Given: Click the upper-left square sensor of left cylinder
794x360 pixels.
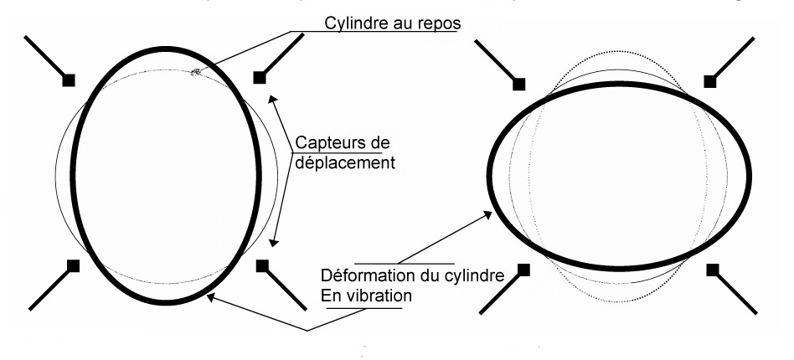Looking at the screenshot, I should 69,79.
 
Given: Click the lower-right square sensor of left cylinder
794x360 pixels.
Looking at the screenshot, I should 262,265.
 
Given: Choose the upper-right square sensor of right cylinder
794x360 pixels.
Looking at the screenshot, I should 710,80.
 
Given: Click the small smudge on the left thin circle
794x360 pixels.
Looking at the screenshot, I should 197,73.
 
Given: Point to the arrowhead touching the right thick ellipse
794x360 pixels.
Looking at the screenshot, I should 490,215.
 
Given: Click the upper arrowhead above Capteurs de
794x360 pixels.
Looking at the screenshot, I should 270,99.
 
